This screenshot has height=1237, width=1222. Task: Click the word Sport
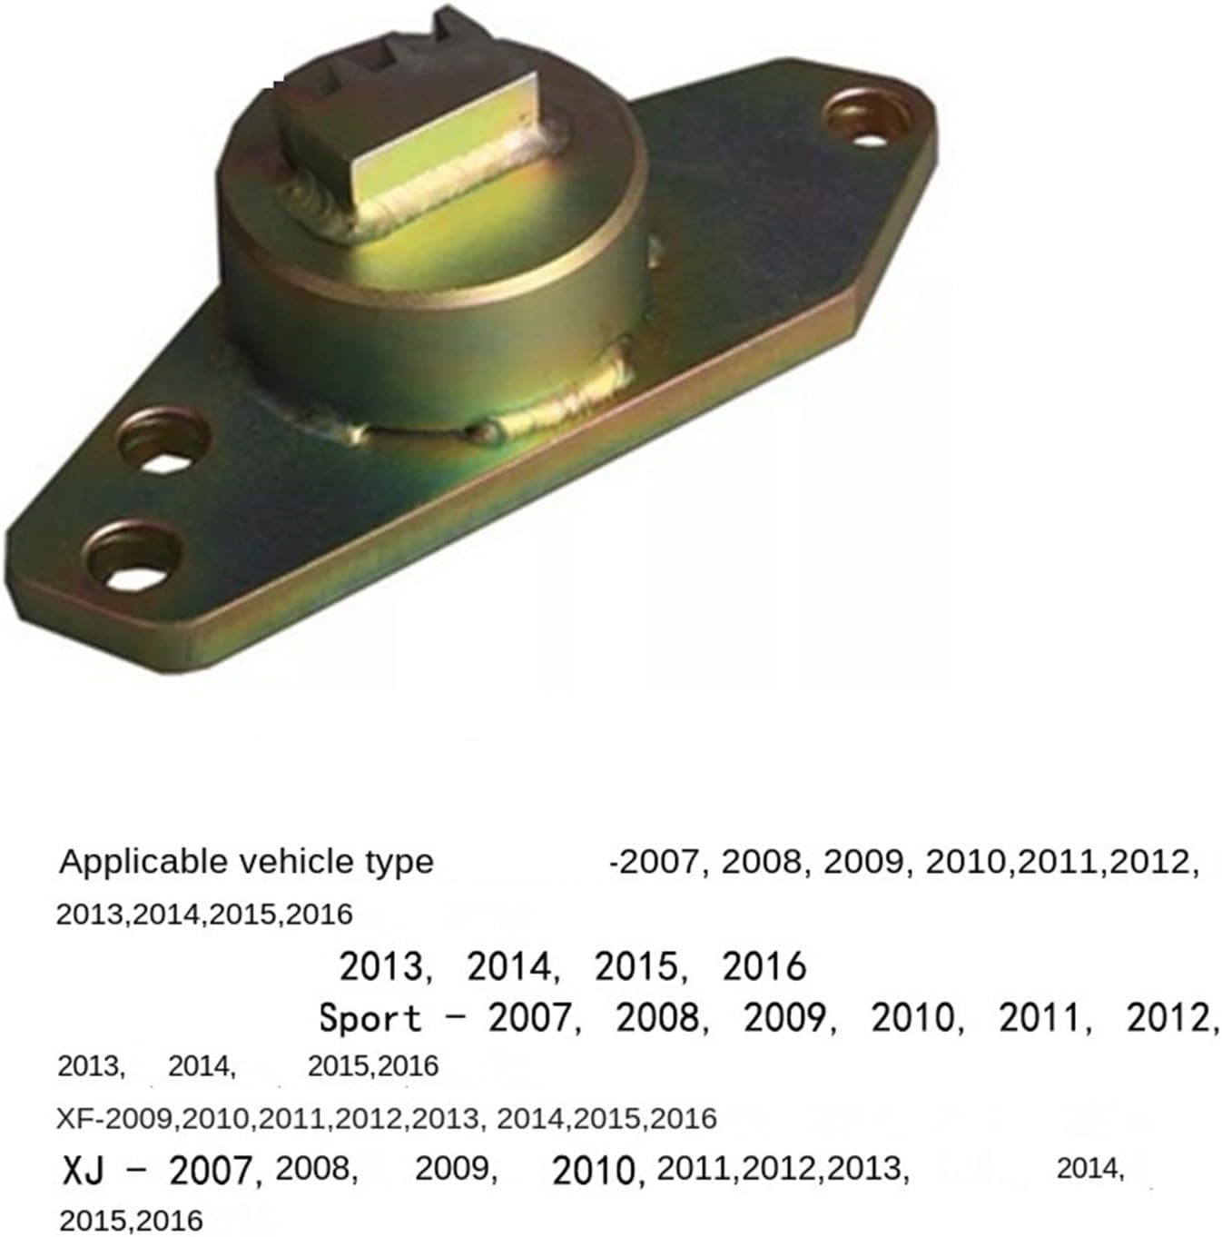point(370,1018)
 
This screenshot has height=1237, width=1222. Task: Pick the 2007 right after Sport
point(531,1018)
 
